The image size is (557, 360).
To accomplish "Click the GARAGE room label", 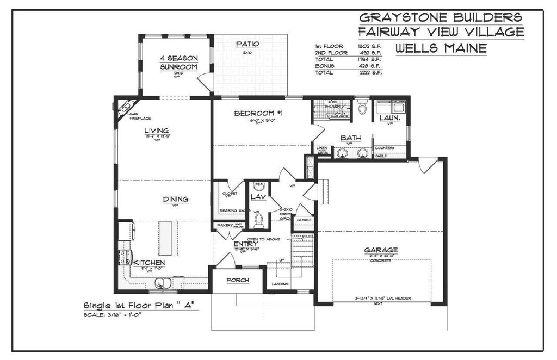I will tap(381, 250).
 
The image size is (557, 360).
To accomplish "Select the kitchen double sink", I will tap(163, 283).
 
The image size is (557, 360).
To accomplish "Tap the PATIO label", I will tap(247, 44).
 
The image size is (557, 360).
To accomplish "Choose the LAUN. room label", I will tap(390, 117).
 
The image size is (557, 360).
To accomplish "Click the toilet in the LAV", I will tap(259, 219).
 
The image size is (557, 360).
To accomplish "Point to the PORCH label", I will tap(238, 281).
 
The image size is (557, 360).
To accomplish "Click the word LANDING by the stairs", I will tap(281, 284).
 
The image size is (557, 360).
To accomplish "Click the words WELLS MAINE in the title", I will tap(441, 48).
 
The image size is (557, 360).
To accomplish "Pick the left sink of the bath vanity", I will tap(343, 153).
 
